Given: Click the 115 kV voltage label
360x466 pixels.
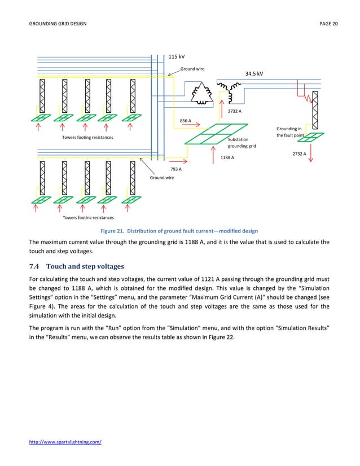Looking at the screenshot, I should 177,57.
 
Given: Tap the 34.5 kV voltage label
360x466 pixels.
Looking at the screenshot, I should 254,74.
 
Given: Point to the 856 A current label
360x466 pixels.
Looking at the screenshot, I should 185,121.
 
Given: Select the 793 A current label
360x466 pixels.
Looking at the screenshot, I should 175,169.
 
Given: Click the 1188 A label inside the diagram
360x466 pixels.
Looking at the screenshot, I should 227,158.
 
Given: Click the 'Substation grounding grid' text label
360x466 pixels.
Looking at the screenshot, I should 242,142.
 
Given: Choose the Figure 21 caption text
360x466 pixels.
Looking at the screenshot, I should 179,231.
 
